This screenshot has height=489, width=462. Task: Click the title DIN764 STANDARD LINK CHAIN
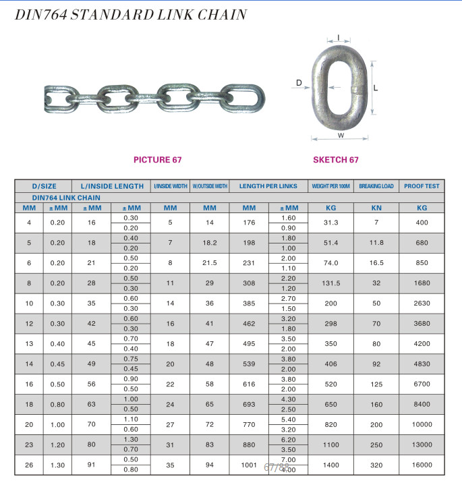point(131,14)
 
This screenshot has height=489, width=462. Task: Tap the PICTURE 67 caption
point(158,160)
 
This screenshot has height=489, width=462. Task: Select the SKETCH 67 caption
point(336,160)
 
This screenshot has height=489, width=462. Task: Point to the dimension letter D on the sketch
point(299,83)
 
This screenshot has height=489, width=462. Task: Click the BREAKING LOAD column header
point(376,186)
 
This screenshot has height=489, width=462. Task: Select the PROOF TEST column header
point(422,186)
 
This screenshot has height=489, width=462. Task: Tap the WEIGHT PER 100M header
point(330,186)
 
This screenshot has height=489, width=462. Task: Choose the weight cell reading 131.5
point(330,284)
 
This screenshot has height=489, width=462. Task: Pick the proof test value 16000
point(422,465)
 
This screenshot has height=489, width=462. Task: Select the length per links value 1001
point(250,465)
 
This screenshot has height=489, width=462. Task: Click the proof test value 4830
point(422,364)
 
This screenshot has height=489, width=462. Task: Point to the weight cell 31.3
point(330,223)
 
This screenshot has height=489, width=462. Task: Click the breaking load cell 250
point(376,445)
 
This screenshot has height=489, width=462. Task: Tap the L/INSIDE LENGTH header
point(112,186)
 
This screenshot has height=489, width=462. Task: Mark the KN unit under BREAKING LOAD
point(376,208)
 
